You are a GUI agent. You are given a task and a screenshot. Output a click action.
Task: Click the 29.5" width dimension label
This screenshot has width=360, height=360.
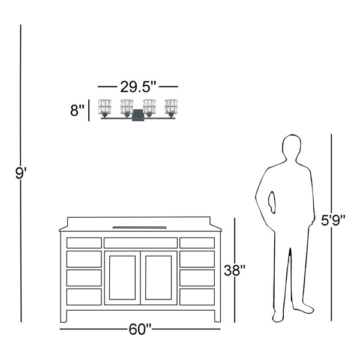(138, 87)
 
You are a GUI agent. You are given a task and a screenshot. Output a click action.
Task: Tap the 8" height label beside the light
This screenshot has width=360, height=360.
(77, 110)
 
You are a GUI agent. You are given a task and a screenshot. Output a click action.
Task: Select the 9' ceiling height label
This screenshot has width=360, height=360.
(21, 173)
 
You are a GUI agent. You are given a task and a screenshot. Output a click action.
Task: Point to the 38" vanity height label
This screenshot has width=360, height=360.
(235, 270)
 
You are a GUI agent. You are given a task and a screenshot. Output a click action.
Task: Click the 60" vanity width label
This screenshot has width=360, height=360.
(140, 329)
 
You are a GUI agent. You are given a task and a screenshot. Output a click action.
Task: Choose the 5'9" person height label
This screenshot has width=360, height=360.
(333, 220)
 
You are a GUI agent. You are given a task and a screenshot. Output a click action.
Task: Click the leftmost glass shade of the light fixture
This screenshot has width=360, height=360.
(104, 107)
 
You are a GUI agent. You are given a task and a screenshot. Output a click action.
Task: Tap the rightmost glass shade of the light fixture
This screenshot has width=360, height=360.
(171, 107)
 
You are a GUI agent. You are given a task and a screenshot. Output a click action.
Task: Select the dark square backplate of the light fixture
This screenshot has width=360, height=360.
(138, 115)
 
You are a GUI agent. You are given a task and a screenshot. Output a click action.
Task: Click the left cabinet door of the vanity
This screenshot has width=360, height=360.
(122, 278)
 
